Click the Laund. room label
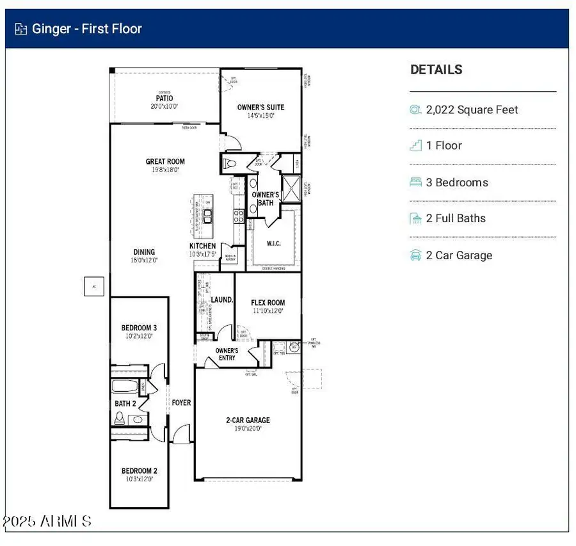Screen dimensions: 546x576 point(221,300)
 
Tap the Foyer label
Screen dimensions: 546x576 point(181,403)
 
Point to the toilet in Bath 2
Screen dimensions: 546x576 point(119,418)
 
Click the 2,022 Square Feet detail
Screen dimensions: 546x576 point(472,109)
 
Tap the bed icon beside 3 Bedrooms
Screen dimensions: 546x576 point(415,182)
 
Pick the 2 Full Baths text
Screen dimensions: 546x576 point(456,218)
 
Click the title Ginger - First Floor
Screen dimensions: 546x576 point(86,29)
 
